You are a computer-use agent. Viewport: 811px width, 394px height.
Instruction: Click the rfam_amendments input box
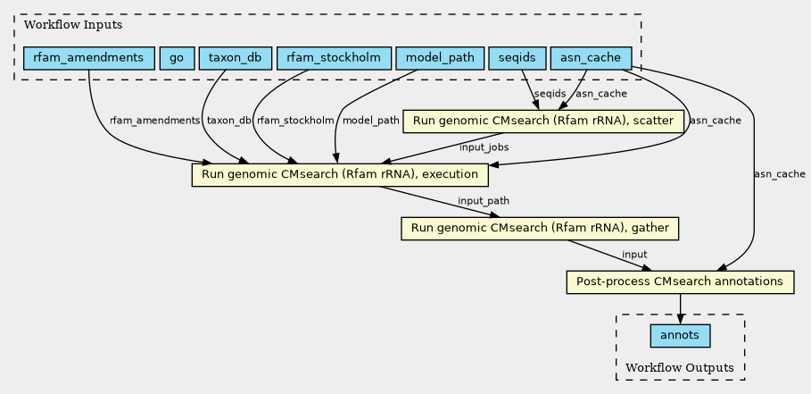89,58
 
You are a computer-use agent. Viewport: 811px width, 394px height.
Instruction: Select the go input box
177,58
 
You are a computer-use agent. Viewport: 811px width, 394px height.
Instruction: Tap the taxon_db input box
236,58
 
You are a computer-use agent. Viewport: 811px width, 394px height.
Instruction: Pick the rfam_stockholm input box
334,58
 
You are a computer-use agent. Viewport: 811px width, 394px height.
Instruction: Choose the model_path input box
440,58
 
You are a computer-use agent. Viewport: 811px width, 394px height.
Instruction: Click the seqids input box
517,58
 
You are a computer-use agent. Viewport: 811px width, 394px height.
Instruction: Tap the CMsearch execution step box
340,175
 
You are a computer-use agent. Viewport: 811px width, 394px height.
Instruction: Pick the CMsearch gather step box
540,229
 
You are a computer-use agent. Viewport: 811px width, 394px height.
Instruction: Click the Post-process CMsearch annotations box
680,282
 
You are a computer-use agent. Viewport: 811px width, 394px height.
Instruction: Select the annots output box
680,336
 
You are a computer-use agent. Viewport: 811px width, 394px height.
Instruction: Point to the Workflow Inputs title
73,25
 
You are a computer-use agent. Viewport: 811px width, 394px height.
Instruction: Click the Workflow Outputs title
680,368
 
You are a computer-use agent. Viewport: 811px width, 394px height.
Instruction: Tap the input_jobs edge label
484,147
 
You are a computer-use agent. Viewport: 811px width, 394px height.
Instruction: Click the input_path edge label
484,201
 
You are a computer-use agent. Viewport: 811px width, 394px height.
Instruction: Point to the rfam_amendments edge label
154,121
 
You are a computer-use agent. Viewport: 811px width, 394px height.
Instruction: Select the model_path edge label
371,121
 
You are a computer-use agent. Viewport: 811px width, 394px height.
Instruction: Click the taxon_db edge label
228,121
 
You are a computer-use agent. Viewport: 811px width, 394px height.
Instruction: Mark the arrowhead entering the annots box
680,320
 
